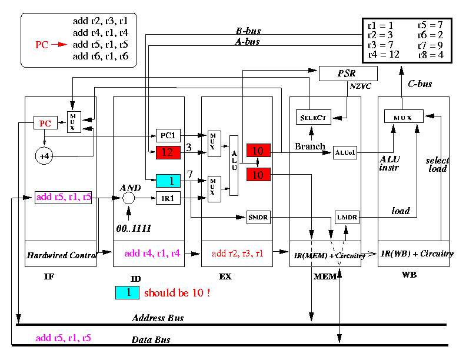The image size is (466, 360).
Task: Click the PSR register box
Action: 348,74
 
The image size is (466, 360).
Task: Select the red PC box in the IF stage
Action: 45,123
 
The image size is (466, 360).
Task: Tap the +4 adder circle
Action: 44,156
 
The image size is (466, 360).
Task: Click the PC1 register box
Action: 168,135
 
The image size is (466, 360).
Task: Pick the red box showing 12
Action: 168,152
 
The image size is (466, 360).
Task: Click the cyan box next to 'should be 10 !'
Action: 127,292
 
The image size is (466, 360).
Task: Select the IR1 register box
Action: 168,198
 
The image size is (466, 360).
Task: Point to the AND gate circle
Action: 128,198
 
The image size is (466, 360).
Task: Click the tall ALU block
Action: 234,165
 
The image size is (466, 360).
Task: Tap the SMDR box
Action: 258,217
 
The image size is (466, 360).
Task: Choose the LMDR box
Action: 347,217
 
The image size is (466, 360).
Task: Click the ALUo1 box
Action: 345,153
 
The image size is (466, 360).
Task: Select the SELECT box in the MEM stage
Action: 314,117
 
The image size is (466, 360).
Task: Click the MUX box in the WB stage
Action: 404,116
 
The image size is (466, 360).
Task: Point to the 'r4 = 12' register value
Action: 384,54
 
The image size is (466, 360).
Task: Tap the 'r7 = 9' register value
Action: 430,45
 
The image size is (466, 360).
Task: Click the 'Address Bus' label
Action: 158,318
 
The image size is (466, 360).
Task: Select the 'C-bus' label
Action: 420,84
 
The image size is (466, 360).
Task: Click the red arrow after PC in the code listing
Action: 59,45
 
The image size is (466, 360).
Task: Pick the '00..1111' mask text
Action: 134,228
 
